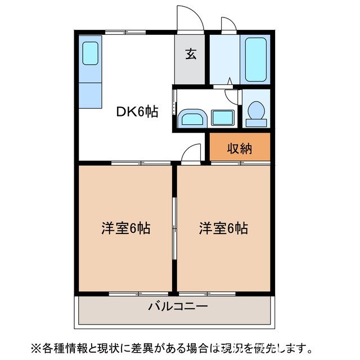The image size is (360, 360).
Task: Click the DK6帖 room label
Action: coord(137,112)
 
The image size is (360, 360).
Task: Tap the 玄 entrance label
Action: coord(191,54)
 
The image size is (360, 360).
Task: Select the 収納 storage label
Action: coord(239,148)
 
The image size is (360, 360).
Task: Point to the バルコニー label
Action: coord(178,307)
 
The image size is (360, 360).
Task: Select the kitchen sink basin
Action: coord(91,53)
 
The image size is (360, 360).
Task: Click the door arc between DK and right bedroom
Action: coord(192,152)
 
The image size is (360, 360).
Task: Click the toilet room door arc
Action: coord(232,95)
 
